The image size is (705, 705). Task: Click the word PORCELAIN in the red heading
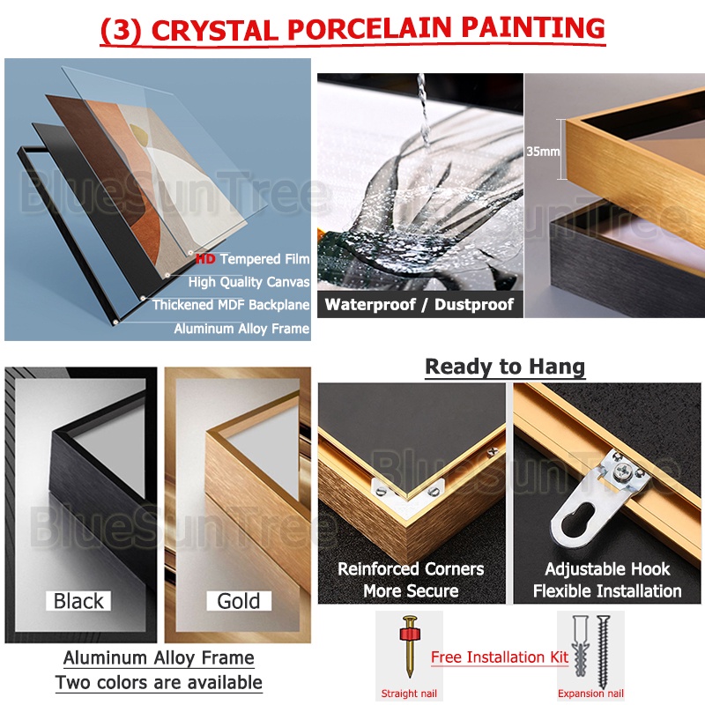point(368,29)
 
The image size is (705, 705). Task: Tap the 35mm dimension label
point(543,151)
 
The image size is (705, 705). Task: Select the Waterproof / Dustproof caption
point(419,304)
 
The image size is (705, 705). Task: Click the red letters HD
point(205,258)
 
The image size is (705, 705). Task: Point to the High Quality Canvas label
point(249,282)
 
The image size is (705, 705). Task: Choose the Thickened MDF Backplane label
point(231,305)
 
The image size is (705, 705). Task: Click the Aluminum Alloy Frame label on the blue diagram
point(241,329)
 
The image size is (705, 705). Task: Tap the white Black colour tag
point(78,601)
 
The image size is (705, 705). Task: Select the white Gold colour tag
point(239,601)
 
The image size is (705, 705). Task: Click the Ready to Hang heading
point(505,367)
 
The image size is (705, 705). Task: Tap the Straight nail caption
point(409,694)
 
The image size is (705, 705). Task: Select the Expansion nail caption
point(590,694)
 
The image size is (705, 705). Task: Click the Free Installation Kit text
point(500,657)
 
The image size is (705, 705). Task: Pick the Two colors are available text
point(159,682)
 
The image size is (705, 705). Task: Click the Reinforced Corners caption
point(411,568)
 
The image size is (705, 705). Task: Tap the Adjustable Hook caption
point(607,568)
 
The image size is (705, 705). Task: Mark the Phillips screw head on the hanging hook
point(624,471)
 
